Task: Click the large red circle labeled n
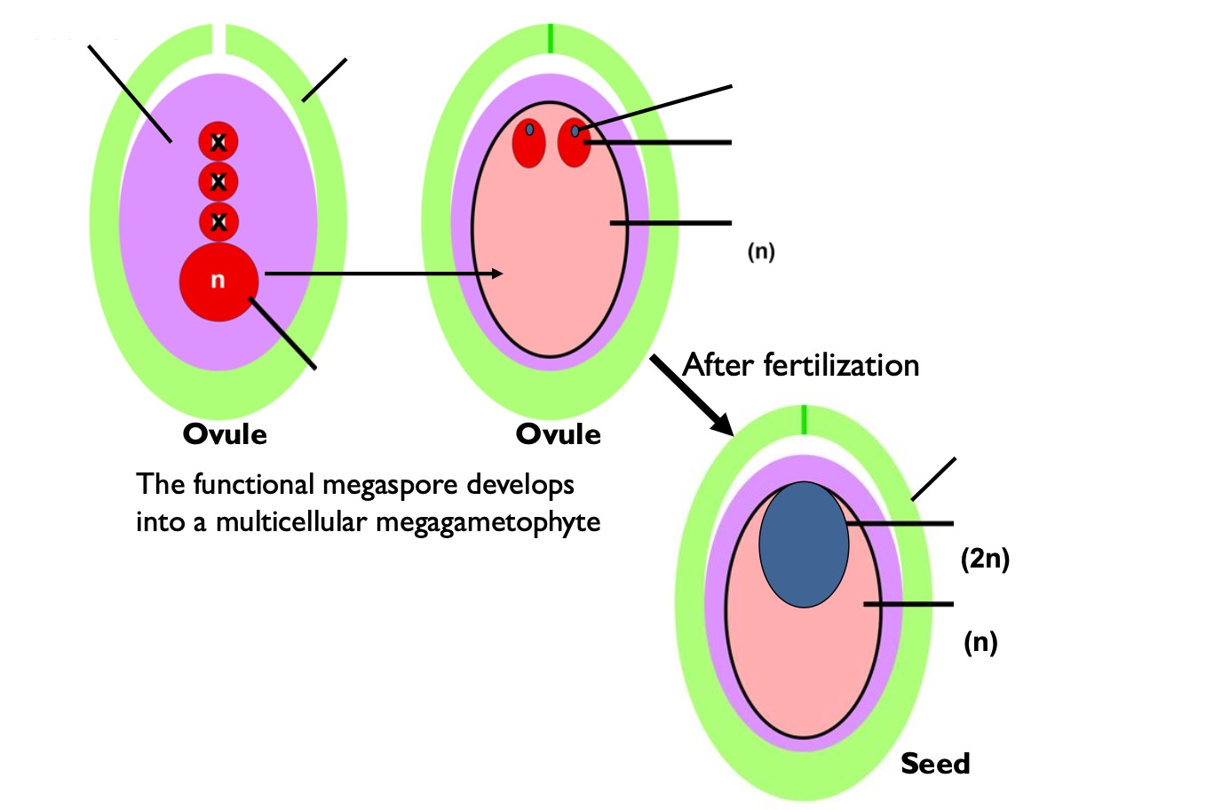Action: click(x=218, y=282)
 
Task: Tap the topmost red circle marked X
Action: click(x=218, y=142)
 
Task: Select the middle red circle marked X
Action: click(x=218, y=182)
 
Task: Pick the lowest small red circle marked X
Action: click(x=218, y=222)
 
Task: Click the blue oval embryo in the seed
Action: click(x=804, y=544)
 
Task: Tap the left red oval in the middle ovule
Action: click(x=529, y=143)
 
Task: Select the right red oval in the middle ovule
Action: click(x=574, y=143)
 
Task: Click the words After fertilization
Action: click(x=800, y=365)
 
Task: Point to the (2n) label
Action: click(x=985, y=559)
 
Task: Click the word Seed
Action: click(x=935, y=764)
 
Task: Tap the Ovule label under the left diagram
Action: click(x=225, y=434)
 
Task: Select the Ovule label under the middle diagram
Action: click(x=558, y=434)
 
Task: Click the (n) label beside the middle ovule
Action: click(x=760, y=251)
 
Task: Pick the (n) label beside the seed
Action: click(x=980, y=641)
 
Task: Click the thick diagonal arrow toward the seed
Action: click(x=691, y=393)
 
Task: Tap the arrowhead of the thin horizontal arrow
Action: click(x=497, y=274)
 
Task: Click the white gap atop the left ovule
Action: click(x=218, y=40)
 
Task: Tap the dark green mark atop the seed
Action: click(x=804, y=419)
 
